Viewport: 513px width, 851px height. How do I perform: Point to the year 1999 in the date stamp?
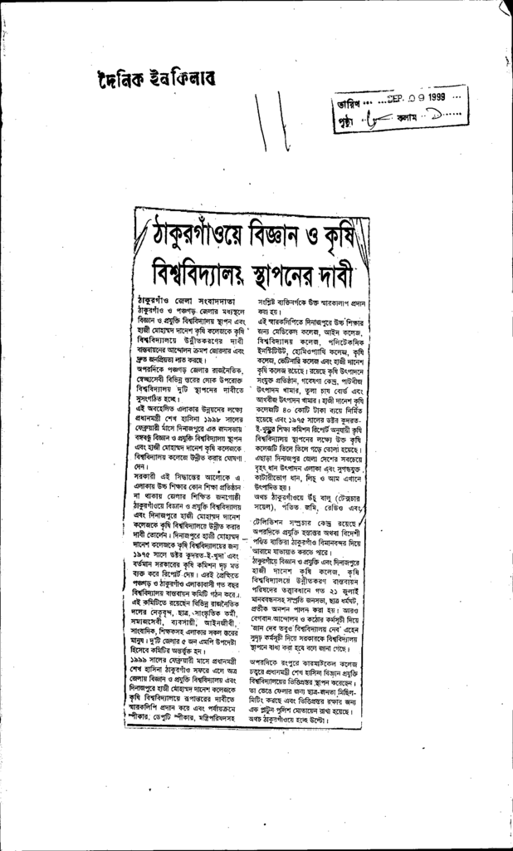point(432,96)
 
